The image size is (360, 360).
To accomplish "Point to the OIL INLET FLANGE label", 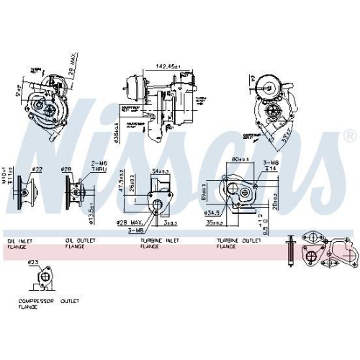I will [21, 243].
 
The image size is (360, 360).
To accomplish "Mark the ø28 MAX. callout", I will [132, 224].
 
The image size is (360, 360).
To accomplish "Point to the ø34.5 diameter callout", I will [213, 213].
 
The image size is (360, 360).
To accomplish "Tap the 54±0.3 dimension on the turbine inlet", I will [161, 171].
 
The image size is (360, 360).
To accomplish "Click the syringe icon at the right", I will [290, 249].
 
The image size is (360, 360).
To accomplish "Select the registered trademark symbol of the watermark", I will [349, 135].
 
